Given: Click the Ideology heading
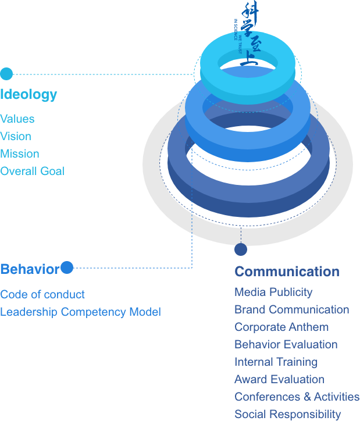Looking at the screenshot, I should coord(28,94).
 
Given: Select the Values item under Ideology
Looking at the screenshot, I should coord(17,119).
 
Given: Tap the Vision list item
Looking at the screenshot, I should coord(16,137).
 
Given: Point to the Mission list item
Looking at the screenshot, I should coord(20,154).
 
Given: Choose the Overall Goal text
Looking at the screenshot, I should coord(32,172).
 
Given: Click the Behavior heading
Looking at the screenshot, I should coord(30,269).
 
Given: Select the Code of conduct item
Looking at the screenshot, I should coord(42,294).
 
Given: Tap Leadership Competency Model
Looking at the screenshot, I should coord(80,312).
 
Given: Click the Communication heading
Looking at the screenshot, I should coord(287,272).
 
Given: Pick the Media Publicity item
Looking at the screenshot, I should coord(273,292).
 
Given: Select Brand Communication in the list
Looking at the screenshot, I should coord(291,309).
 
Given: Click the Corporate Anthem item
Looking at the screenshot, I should coord(281,327).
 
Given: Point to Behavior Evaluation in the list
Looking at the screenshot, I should coord(286,344).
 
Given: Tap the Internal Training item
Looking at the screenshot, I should coord(276,362).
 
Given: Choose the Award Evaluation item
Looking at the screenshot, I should coord(279,379).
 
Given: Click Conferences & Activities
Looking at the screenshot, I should coord(297,397).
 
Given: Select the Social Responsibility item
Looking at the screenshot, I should coord(287,414).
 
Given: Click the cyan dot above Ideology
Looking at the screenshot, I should coord(6,74).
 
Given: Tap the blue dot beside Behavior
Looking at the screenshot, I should coord(67,267).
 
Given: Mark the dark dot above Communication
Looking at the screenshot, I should coord(241,250).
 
